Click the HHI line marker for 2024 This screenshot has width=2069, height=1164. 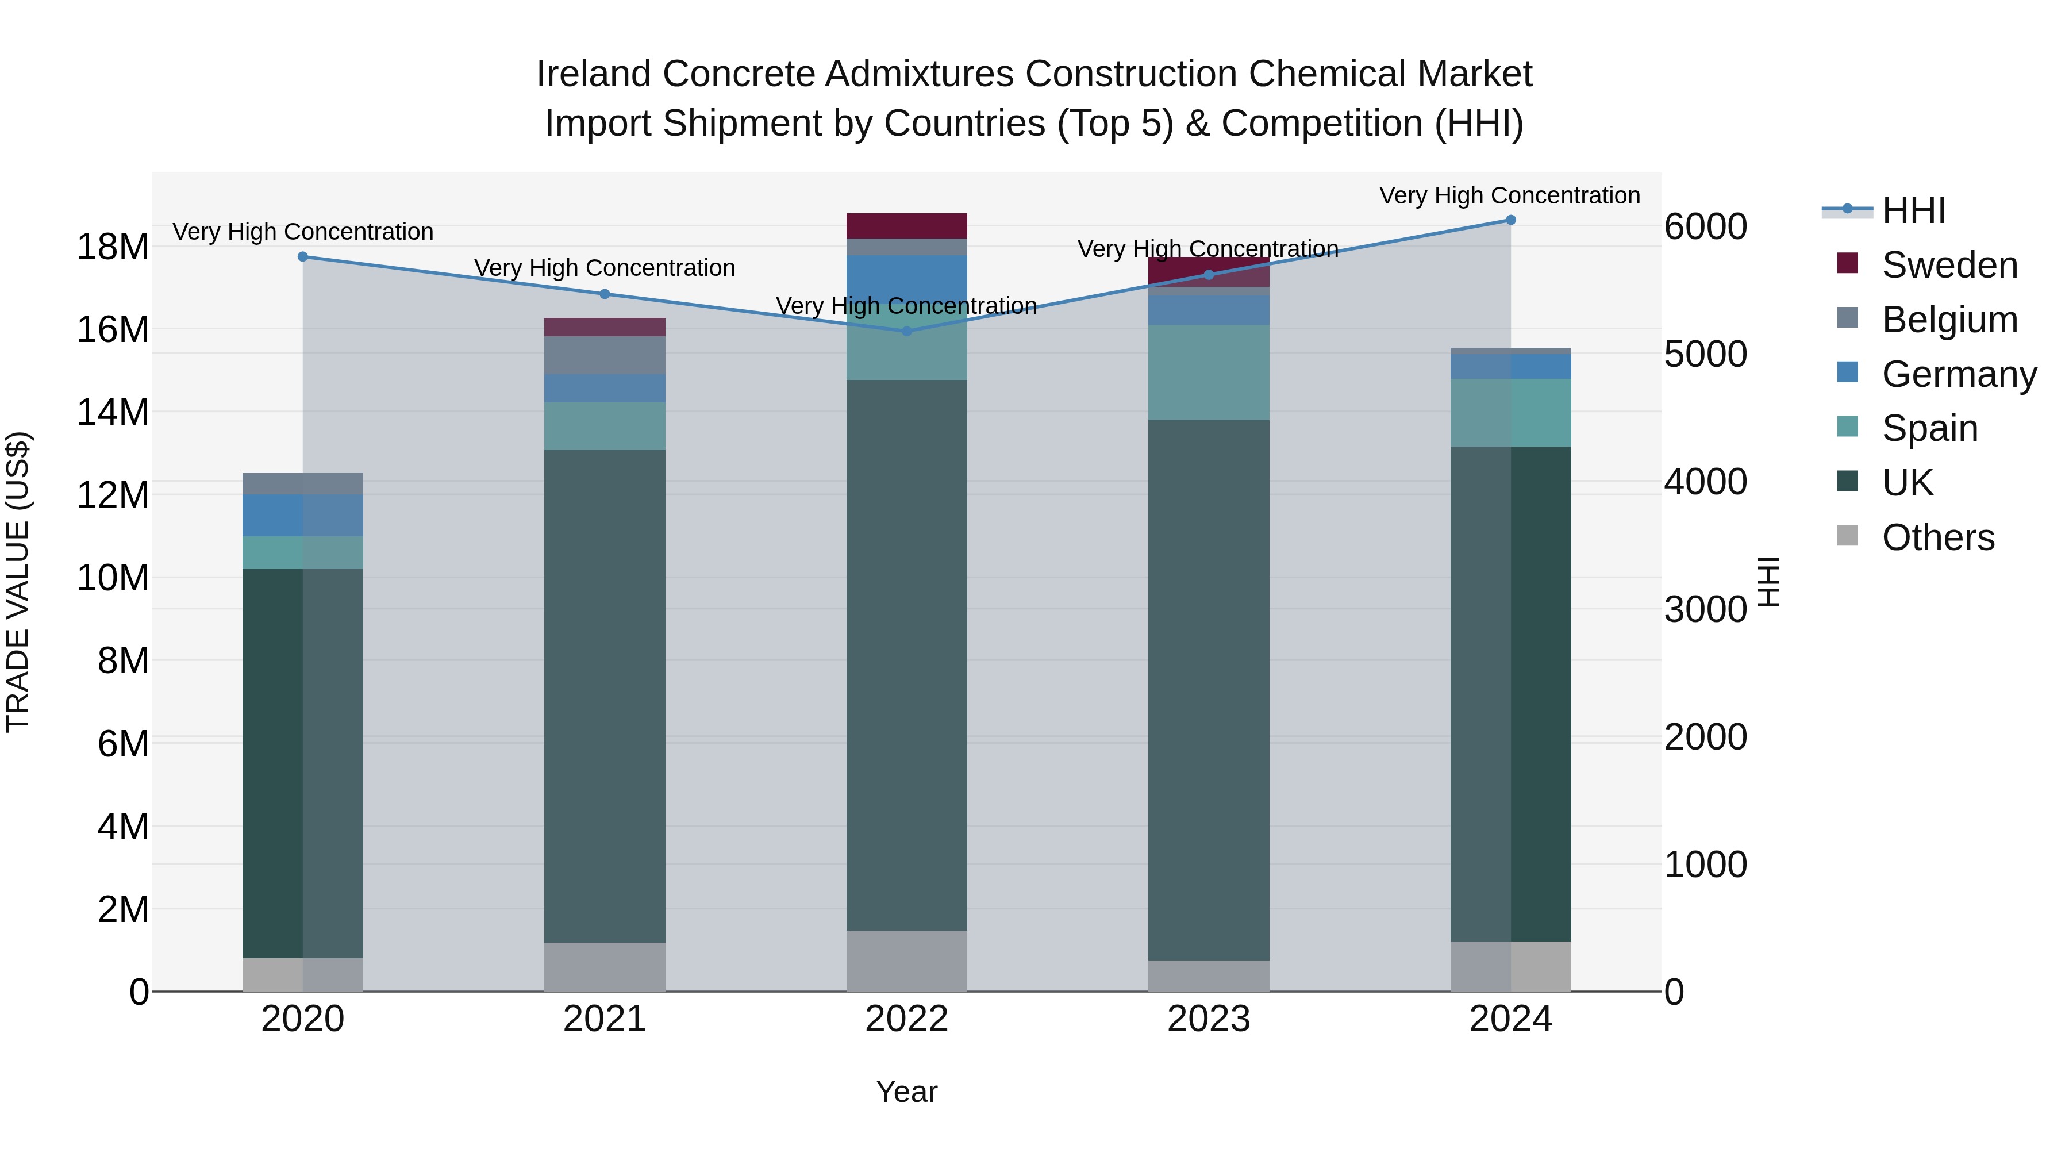pos(1510,220)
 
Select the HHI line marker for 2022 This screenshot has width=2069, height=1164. pos(907,331)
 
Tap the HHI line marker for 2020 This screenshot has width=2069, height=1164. pos(303,257)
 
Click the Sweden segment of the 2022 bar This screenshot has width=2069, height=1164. pos(907,226)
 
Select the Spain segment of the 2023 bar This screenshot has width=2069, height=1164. pos(1209,372)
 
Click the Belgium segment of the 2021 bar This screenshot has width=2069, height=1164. pos(605,355)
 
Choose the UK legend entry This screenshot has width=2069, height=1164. pos(1907,483)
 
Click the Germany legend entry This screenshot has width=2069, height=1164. pos(1958,374)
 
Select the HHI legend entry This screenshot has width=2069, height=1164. pos(1913,210)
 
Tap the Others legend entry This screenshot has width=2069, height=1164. pos(1937,537)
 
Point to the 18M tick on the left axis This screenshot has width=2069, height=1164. pos(113,247)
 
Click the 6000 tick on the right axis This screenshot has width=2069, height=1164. pos(1705,226)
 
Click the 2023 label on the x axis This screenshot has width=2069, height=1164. pos(1209,1019)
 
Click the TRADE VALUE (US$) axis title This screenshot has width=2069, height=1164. pos(18,582)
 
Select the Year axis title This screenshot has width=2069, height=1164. pos(907,1092)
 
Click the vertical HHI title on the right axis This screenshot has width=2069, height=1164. pos(1768,582)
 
